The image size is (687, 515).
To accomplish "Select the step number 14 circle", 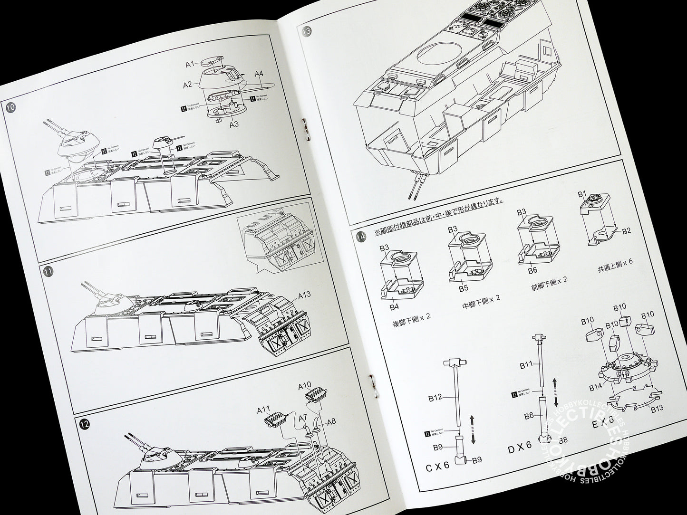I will pyautogui.click(x=360, y=236).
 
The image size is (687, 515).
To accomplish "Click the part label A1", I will pyautogui.click(x=190, y=63).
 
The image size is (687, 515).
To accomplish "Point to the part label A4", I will pyautogui.click(x=259, y=74).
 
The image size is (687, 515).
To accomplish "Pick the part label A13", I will pyautogui.click(x=305, y=295).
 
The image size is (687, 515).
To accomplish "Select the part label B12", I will pyautogui.click(x=435, y=398).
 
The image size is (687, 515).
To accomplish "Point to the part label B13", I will pyautogui.click(x=657, y=408).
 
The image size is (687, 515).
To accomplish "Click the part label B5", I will pyautogui.click(x=464, y=287).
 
